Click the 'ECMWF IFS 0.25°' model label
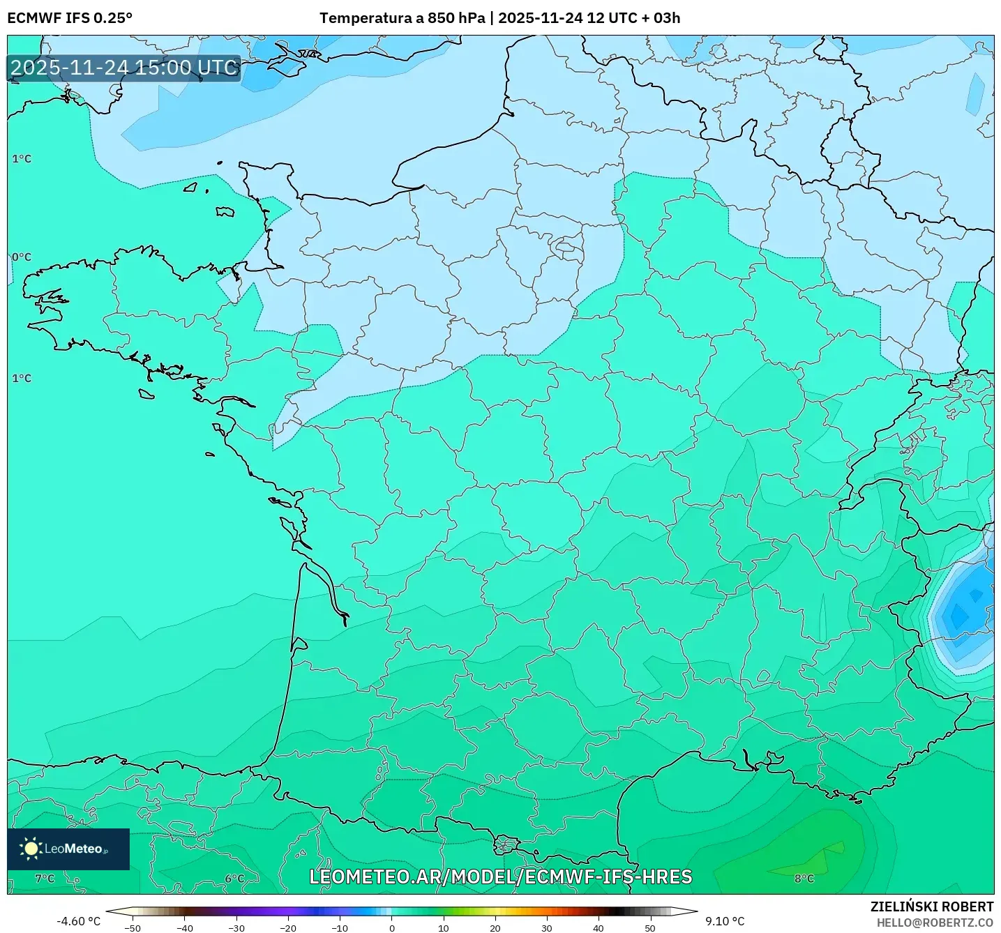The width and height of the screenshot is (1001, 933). (70, 18)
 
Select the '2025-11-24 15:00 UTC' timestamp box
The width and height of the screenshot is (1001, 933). (124, 68)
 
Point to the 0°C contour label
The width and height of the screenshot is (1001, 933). (22, 257)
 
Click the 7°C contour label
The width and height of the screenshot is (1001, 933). (45, 878)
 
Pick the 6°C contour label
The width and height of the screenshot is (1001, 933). (234, 878)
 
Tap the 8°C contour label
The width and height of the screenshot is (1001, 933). (804, 878)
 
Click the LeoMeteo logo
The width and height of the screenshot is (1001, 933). (68, 849)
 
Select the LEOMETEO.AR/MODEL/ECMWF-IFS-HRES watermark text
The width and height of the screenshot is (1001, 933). (500, 877)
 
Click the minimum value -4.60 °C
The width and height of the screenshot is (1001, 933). (78, 921)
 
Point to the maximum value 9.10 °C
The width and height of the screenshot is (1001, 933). (725, 921)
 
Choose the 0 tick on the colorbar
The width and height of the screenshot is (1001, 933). (391, 927)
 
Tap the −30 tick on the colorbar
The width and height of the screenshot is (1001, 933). (236, 927)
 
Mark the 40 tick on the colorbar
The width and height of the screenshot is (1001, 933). (598, 927)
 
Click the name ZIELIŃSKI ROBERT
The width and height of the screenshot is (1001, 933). (931, 907)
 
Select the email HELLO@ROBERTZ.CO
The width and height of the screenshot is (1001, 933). (934, 923)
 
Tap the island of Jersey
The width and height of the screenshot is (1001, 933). (225, 211)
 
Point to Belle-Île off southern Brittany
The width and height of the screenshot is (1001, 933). (146, 394)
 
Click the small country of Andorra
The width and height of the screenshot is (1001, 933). (505, 846)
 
